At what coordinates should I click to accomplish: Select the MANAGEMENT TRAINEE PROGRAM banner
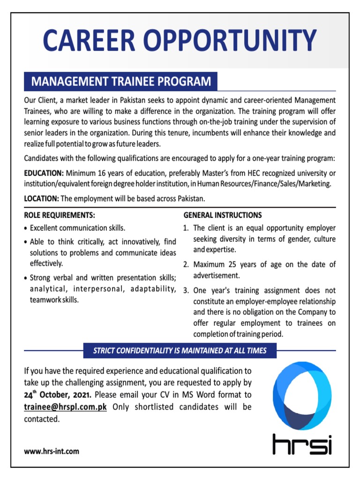pyautogui.click(x=121, y=82)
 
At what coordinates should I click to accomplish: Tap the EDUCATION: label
pyautogui.click(x=44, y=174)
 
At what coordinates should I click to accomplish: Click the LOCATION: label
pyautogui.click(x=41, y=199)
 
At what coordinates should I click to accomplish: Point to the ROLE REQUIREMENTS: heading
pyautogui.click(x=60, y=216)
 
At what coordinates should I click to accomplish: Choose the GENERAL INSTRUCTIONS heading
pyautogui.click(x=222, y=216)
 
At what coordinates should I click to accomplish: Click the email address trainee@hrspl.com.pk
pyautogui.click(x=66, y=407)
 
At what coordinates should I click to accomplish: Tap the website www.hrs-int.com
pyautogui.click(x=52, y=451)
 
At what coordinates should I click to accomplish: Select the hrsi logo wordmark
pyautogui.click(x=302, y=444)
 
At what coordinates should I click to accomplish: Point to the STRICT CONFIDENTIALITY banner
pyautogui.click(x=180, y=351)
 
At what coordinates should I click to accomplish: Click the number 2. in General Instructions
pyautogui.click(x=186, y=264)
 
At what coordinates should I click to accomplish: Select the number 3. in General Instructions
pyautogui.click(x=186, y=290)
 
